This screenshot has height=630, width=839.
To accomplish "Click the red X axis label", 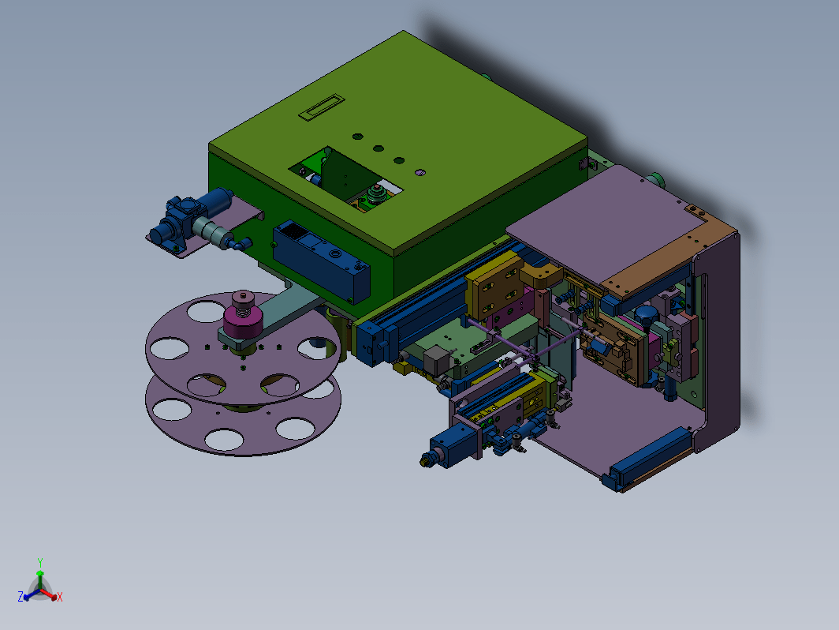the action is pos(60,597).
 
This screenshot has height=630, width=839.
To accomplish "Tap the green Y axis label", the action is pos(40,562).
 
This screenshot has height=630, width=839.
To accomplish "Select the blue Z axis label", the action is pos(21,597).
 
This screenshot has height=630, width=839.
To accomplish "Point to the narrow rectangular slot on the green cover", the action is pos(322,107).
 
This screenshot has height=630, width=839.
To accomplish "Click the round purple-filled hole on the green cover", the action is pos(420,172).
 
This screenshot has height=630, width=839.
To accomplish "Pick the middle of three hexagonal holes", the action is pos(378,148).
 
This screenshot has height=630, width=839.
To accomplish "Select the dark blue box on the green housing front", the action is pos(321,261).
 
